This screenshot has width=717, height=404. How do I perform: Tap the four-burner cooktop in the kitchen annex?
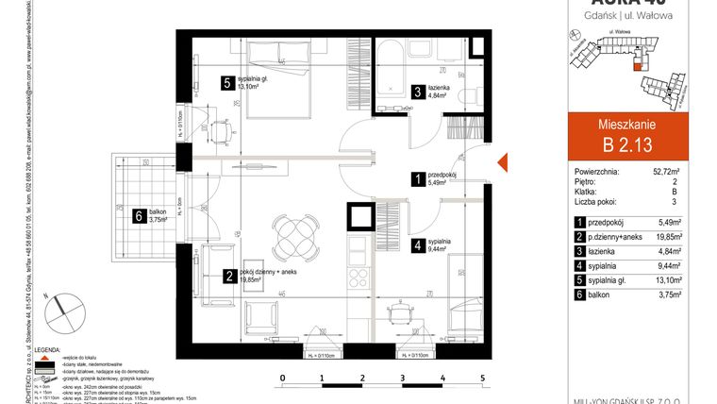358,278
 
